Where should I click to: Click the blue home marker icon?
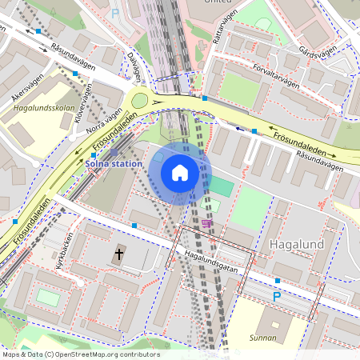[180, 172]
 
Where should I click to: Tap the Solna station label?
[114, 164]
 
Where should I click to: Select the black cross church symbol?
[119, 254]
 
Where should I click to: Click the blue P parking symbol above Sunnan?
[277, 297]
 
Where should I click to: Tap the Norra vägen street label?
[106, 119]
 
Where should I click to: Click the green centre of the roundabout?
[142, 100]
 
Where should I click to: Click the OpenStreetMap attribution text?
[80, 354]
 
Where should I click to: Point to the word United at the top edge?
[212, 2]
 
